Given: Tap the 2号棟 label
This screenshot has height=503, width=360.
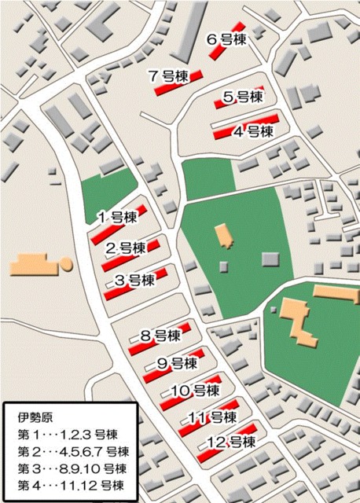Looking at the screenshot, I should (127, 248).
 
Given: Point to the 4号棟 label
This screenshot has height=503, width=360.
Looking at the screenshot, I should (253, 131).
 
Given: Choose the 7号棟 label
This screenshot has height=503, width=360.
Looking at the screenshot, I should (168, 75).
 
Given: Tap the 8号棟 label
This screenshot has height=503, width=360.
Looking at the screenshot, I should (160, 336).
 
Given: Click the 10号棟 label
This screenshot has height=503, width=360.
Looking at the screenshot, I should (194, 391).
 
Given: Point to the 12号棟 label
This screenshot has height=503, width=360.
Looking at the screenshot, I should (230, 442).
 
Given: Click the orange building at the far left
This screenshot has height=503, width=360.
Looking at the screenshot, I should (36, 264).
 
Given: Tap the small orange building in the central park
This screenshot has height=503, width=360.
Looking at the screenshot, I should (222, 234).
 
